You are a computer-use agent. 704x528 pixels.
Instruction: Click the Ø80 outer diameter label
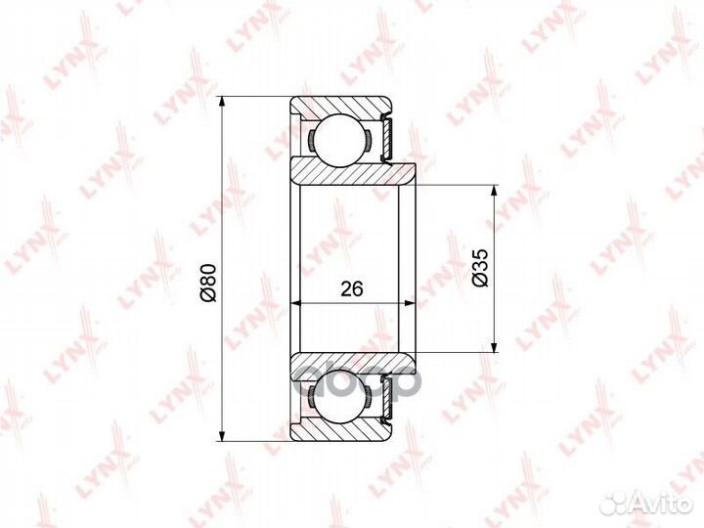(x=209, y=283)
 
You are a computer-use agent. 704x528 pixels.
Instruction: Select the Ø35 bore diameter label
(x=480, y=268)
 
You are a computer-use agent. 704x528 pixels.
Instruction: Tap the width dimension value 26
(x=352, y=289)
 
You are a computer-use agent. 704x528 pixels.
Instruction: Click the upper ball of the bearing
(x=340, y=140)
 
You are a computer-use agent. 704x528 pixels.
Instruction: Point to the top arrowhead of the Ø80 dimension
(x=221, y=103)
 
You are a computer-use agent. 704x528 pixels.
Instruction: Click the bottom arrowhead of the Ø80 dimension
(x=221, y=435)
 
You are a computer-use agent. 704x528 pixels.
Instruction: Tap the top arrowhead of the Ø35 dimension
(x=495, y=191)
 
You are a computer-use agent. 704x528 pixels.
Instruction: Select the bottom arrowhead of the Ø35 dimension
(x=495, y=347)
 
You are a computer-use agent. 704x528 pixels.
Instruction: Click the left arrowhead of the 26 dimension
(x=297, y=303)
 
